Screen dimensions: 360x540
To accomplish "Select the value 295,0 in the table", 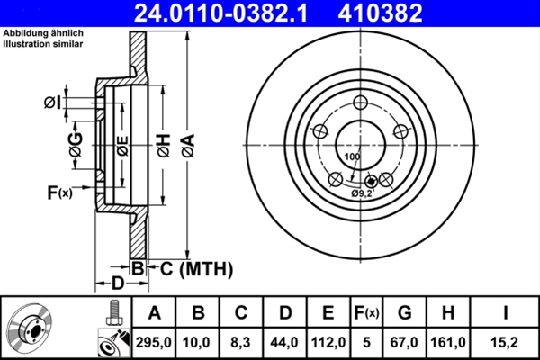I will tap(155, 341).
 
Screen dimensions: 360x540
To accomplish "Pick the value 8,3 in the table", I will tap(241, 341).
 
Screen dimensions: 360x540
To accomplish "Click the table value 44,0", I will tap(285, 341).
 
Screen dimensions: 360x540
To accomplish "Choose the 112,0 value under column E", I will tap(328, 341).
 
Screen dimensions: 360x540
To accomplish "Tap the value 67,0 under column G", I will tap(404, 341).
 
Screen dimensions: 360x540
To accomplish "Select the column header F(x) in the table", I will tap(366, 313).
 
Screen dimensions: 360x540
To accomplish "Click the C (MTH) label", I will tap(197, 267).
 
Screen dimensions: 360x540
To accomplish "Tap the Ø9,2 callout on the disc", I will tap(362, 193).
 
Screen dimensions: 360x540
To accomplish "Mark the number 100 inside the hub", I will tap(351, 157).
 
